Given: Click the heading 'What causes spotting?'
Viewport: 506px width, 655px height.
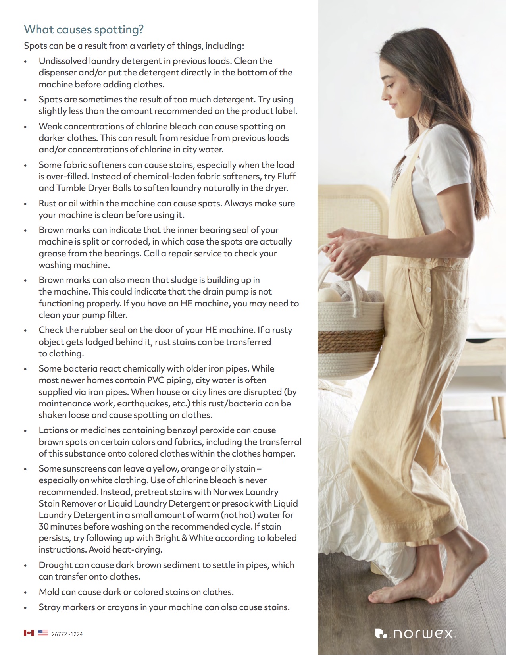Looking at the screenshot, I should (84, 29).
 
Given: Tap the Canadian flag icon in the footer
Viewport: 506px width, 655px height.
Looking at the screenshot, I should (29, 633).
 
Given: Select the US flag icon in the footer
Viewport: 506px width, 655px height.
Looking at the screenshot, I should (43, 633).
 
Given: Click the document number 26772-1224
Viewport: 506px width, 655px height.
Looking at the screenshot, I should (67, 634).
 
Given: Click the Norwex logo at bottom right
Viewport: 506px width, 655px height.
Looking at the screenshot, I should (415, 633).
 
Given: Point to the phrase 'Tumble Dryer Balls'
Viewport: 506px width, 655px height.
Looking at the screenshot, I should (94, 188).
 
